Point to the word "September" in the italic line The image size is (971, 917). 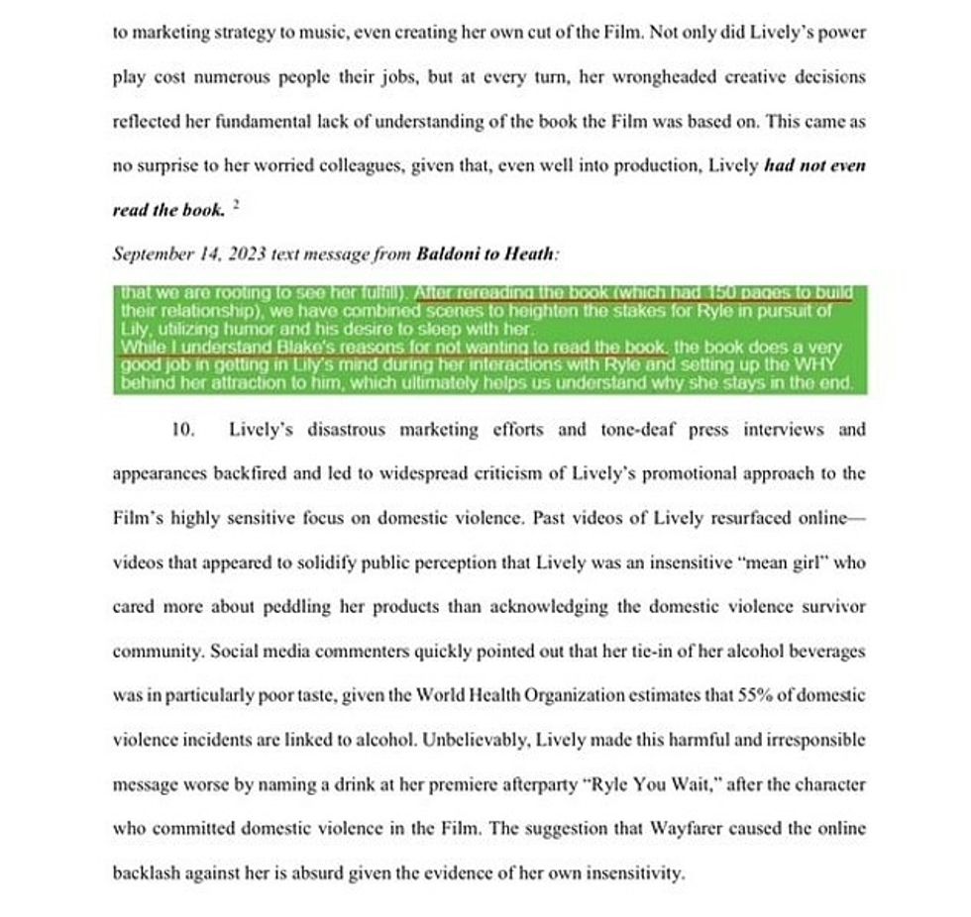150,254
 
